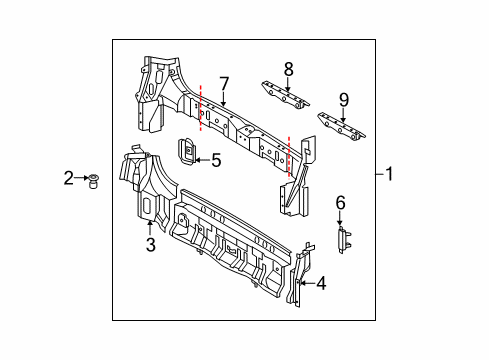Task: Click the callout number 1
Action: point(389,174)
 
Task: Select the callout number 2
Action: point(69,178)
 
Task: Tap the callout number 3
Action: point(151,245)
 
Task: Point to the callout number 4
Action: point(321,283)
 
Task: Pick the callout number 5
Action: point(216,160)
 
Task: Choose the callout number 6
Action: point(340,203)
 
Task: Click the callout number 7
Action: point(224,84)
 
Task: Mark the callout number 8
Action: point(289,69)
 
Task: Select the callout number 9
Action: point(344,100)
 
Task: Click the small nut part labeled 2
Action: point(93,181)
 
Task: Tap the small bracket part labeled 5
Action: point(187,152)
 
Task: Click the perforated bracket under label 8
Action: point(285,95)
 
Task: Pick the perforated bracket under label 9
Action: point(341,127)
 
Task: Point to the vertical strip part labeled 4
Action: point(300,275)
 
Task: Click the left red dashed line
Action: point(200,108)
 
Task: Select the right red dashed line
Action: point(289,157)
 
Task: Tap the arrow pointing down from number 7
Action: point(223,99)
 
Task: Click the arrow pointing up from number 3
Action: point(150,228)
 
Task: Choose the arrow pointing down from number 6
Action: point(340,218)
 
